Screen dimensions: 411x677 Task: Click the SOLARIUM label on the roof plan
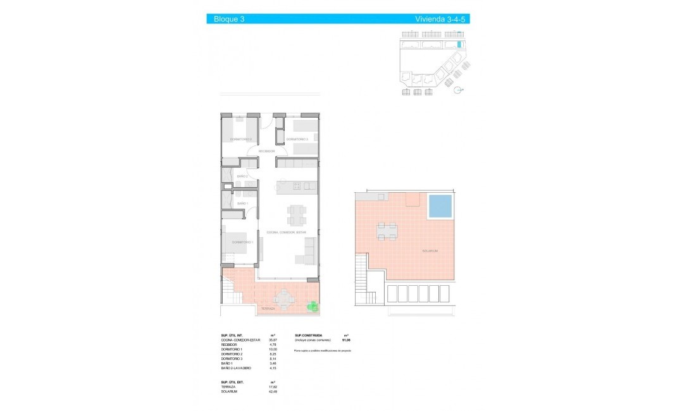[x=430, y=251]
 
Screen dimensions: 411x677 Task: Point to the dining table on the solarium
[x=387, y=231]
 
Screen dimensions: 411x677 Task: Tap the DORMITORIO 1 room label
[x=242, y=242]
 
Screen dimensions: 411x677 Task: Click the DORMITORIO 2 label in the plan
[x=297, y=139]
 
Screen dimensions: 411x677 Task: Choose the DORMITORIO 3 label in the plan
[x=241, y=139]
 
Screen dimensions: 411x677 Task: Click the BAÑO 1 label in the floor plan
[x=242, y=204]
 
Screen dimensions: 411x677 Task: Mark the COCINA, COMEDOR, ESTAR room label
[x=286, y=233]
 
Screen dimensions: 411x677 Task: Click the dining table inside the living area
[x=295, y=216]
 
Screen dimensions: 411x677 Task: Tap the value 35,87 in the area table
[x=274, y=340]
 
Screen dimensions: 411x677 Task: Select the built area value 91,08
[x=346, y=340]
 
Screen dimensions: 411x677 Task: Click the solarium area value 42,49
[x=274, y=391]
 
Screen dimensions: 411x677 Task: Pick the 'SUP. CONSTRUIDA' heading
[x=308, y=335]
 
